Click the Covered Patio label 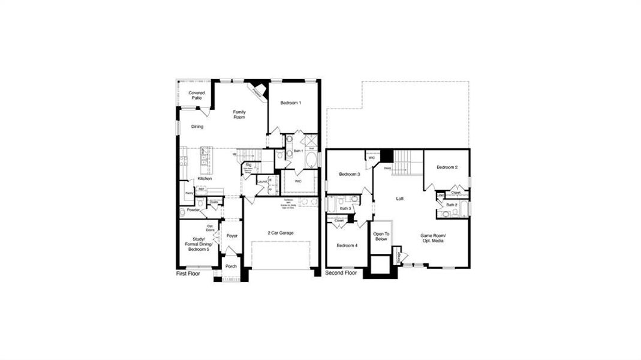click(197, 95)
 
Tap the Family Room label click(239, 115)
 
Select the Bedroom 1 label click(291, 103)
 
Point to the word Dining click(197, 127)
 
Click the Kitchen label click(205, 179)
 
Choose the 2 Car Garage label click(281, 233)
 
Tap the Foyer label click(232, 236)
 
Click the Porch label click(231, 266)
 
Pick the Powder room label click(193, 210)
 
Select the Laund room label click(262, 182)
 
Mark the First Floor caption click(188, 274)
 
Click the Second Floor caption click(341, 273)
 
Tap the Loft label click(400, 199)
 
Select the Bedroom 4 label click(347, 245)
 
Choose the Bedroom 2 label click(447, 167)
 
